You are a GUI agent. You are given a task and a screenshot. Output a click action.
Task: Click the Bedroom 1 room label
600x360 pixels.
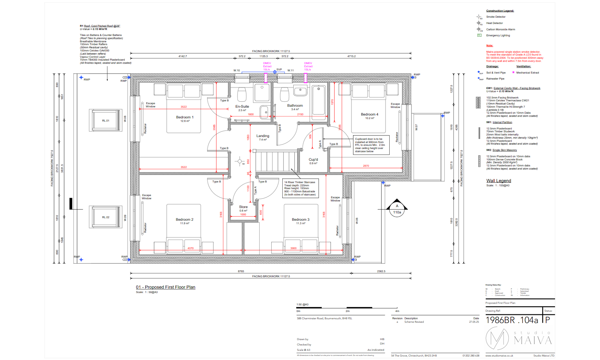point(185,117)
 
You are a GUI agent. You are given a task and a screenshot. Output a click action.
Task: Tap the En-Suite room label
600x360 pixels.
point(242,107)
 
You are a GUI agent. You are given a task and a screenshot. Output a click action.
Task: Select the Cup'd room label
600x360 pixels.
point(313,160)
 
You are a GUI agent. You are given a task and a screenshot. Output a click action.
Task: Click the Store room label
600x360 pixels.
point(243,207)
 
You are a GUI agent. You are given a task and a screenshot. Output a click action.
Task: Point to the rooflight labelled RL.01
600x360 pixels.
point(106,121)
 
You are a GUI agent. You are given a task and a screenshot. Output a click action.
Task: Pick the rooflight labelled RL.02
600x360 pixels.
point(106,217)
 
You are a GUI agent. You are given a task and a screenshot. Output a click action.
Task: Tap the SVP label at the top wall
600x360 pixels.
point(279,70)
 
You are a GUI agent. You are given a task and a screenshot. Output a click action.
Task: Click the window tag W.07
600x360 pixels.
point(416,127)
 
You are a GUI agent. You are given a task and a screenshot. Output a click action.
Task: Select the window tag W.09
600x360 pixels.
point(125,218)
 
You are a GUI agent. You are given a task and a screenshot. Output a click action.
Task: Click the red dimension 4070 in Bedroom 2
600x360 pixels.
point(190,248)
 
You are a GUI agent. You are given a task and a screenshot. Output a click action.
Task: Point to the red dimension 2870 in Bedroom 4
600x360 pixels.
point(366,166)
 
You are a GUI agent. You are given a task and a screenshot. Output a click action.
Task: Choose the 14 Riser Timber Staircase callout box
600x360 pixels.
point(300,188)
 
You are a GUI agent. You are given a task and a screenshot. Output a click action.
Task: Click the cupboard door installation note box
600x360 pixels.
point(371,145)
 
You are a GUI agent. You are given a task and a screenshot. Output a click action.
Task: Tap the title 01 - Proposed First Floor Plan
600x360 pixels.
point(165,287)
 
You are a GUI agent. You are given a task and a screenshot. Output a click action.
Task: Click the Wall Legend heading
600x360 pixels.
point(498,181)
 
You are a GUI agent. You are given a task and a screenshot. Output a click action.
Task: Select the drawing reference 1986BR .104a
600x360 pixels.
point(512,320)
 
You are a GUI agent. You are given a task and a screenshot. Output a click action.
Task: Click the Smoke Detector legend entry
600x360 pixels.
point(495,17)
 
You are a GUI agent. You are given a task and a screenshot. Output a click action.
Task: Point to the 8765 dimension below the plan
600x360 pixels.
point(241,271)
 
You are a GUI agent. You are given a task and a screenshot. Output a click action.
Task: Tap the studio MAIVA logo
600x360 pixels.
point(518,339)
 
